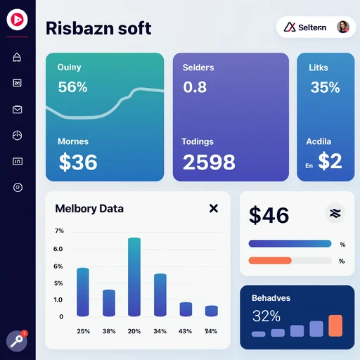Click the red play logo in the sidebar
point(17,20)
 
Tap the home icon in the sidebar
point(17,57)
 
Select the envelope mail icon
point(17,110)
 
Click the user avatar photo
point(343,27)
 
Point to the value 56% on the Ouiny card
point(72,87)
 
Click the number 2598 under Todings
point(209,162)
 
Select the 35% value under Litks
point(325,87)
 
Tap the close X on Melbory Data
point(214,208)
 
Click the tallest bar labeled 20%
point(134,277)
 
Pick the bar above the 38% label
point(109,303)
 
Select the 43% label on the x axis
point(185,331)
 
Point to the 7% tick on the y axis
point(59,231)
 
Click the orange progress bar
point(270,260)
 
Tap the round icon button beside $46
point(335,213)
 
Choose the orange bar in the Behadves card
point(335,326)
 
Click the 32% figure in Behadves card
point(266,316)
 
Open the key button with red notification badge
point(17,341)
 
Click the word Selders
point(198,67)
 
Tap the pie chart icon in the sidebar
point(17,135)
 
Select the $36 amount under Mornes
point(78,162)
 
